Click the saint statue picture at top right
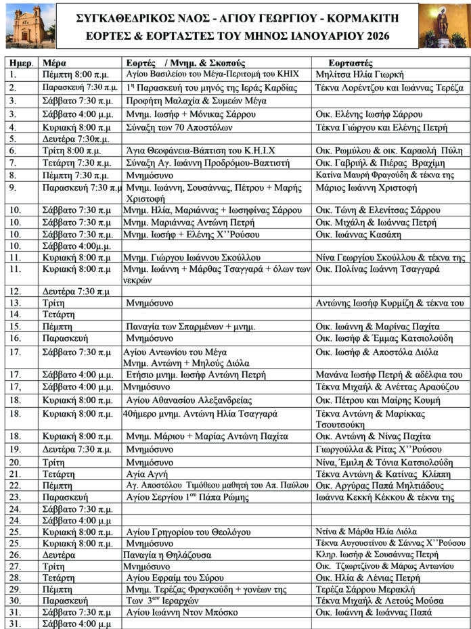443,26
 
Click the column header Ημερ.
20,63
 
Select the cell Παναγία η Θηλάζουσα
167,555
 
